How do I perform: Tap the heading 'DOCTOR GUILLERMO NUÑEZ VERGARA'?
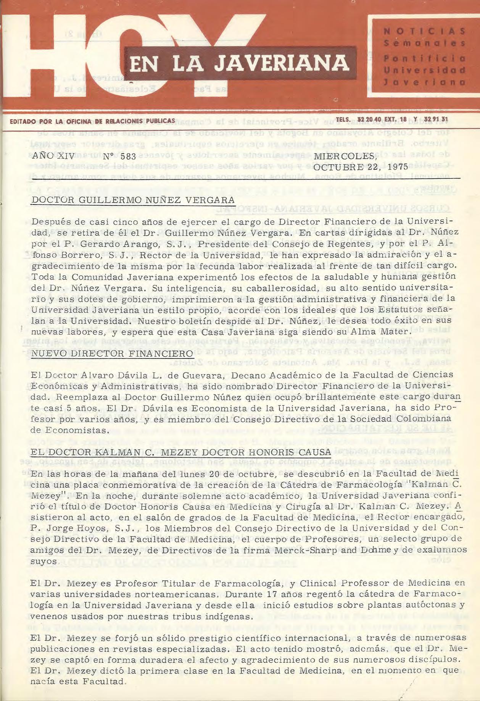(133, 200)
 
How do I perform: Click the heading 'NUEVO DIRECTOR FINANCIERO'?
(112, 353)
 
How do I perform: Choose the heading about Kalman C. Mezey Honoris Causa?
(181, 452)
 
